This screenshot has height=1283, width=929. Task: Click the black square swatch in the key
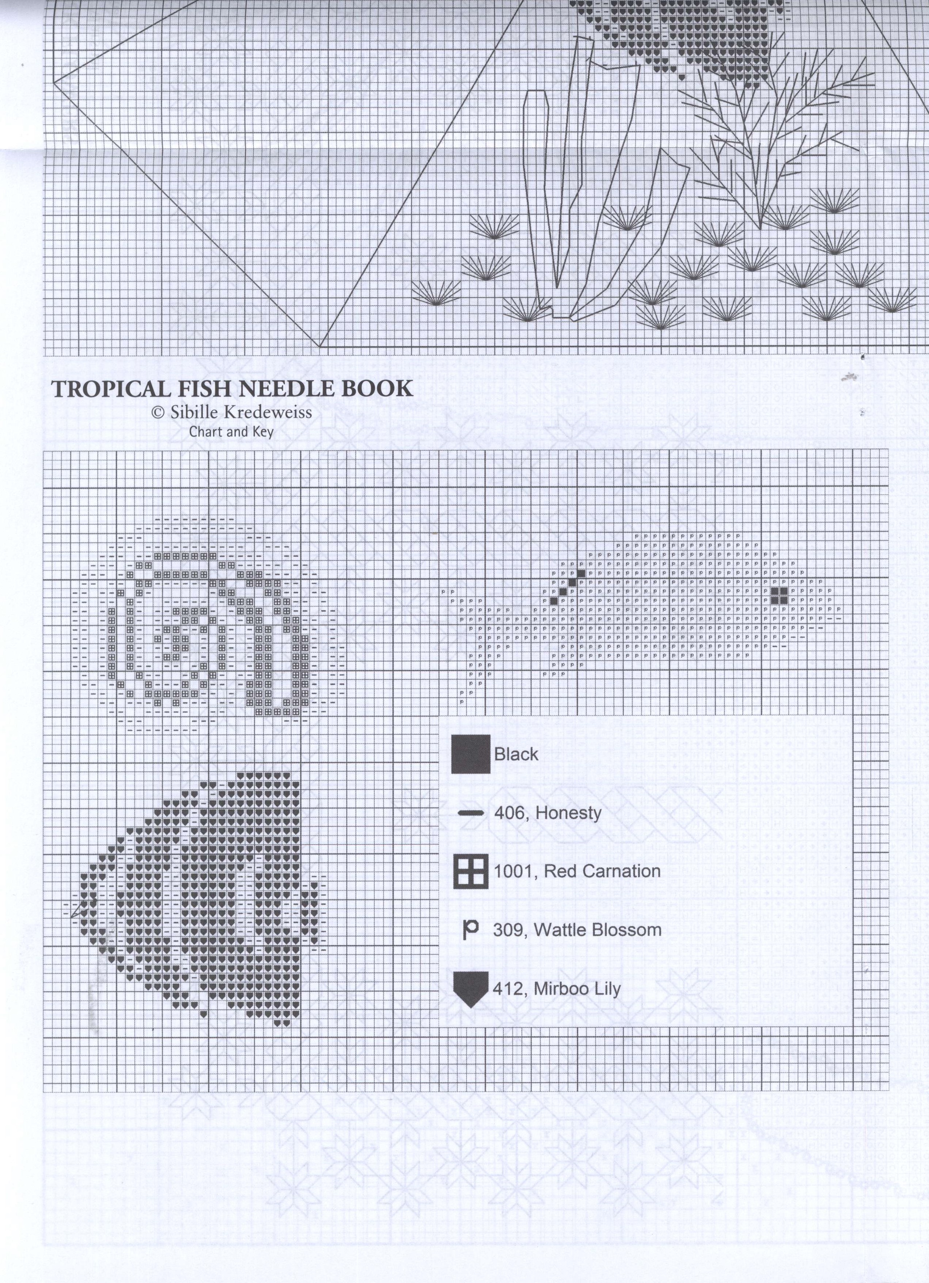(470, 754)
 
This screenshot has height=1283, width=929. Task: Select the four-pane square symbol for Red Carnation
(470, 871)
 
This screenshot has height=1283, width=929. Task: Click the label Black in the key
(516, 754)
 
